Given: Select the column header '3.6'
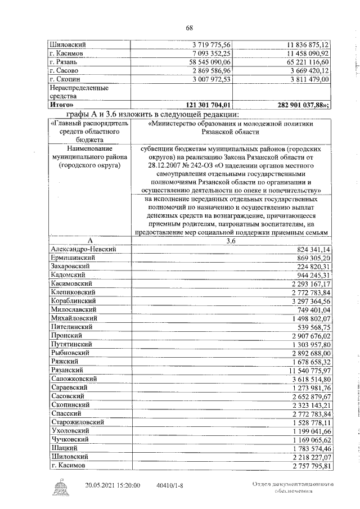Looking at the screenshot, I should pos(231,240).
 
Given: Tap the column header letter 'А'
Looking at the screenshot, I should pos(89,240).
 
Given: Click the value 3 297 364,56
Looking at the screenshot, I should pos(309,301).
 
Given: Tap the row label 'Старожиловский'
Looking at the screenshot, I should pos(77,423).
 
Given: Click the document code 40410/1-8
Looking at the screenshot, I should pos(168,485).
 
